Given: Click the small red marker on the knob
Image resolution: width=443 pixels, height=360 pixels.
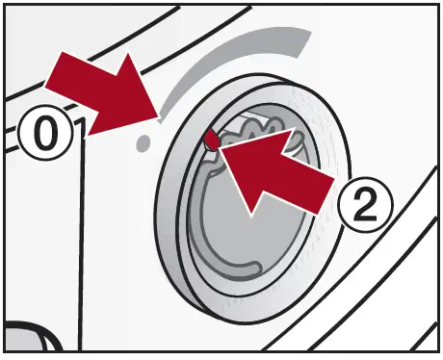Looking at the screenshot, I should click(x=210, y=139).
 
